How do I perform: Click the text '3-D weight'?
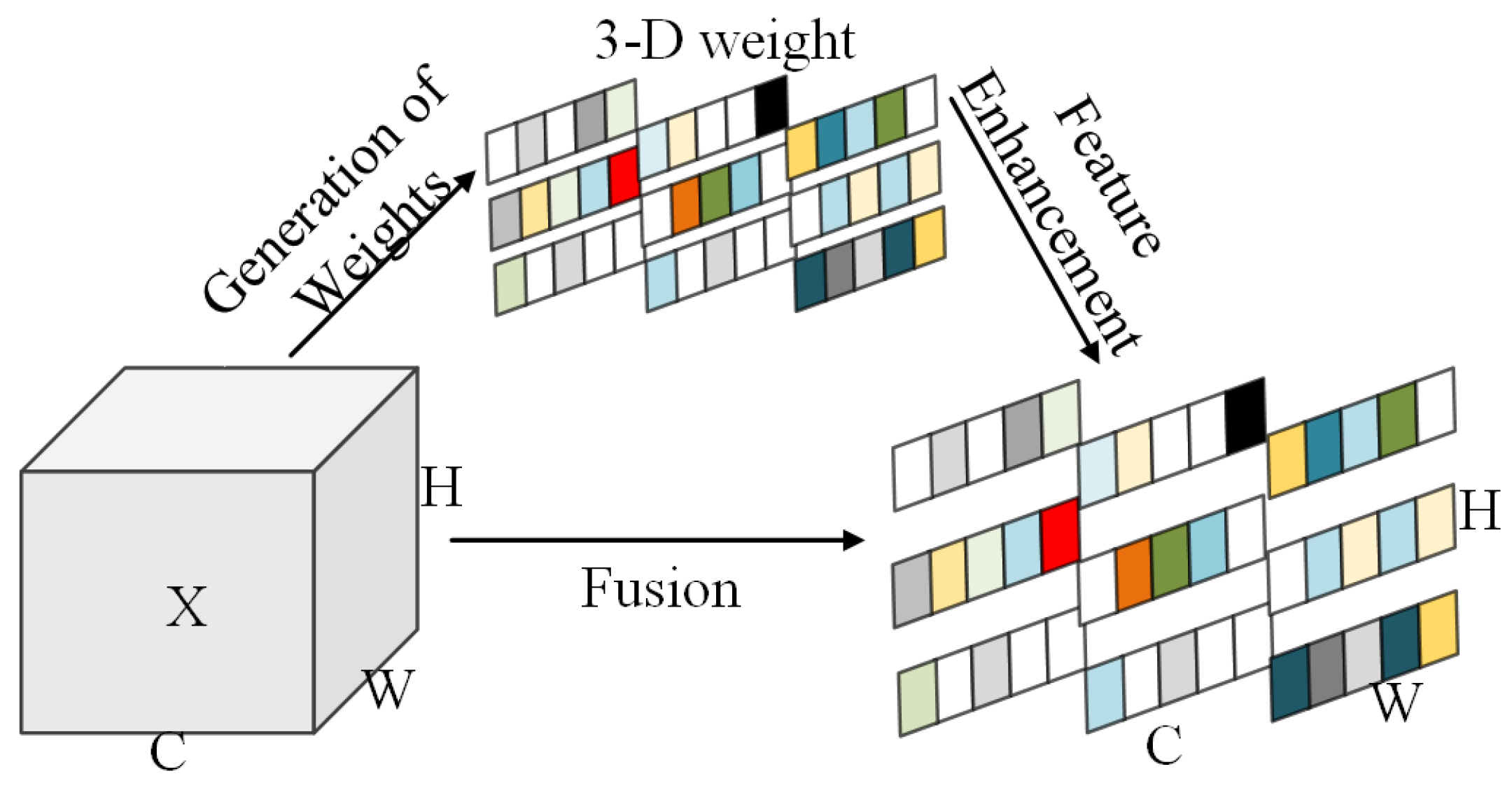pos(724,41)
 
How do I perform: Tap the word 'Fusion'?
pos(660,589)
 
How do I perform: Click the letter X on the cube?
pos(186,607)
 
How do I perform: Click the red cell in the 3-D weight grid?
pos(624,177)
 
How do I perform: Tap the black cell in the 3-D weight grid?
pos(771,105)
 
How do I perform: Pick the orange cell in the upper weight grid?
pos(685,205)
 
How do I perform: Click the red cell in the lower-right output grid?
pos(1059,535)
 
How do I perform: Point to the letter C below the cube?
pos(168,752)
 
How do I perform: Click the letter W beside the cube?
pos(388,689)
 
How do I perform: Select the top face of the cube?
pos(220,418)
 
